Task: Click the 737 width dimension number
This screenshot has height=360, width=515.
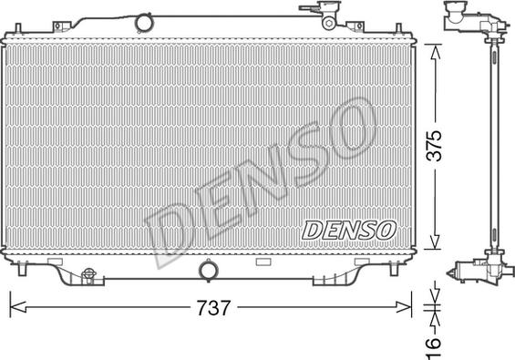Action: point(213,308)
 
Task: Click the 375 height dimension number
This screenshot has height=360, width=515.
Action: point(434,146)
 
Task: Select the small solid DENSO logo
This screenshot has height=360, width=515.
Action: point(349,231)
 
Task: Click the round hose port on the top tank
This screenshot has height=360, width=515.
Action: point(144,23)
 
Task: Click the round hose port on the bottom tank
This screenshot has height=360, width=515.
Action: point(208,271)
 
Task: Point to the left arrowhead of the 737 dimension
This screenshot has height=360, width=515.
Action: point(18,307)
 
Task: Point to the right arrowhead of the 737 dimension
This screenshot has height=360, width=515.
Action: point(404,307)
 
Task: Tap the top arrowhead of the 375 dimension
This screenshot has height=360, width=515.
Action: point(435,53)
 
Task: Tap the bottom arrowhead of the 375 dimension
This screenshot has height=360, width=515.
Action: point(435,242)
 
